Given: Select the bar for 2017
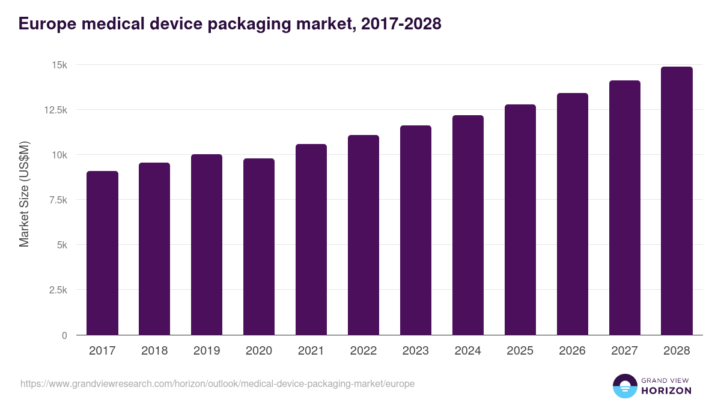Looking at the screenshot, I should click(x=102, y=253).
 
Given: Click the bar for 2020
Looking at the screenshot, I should click(x=259, y=247).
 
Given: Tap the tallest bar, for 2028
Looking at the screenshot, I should click(x=677, y=200).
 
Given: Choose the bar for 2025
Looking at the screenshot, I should click(x=520, y=220).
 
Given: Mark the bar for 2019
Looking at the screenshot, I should click(x=207, y=244).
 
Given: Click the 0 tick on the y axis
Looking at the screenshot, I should click(x=64, y=335).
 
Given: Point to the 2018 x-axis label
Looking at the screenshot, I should click(x=154, y=351).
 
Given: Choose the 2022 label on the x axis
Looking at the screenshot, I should click(x=364, y=351).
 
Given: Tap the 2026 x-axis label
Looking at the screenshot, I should click(x=572, y=351).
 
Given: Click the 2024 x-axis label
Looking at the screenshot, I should click(x=468, y=351).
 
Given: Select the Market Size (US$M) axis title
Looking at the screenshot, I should click(x=24, y=194).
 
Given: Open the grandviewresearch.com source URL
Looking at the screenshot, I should click(x=218, y=383).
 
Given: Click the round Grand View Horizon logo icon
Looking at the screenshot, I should click(x=624, y=386).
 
